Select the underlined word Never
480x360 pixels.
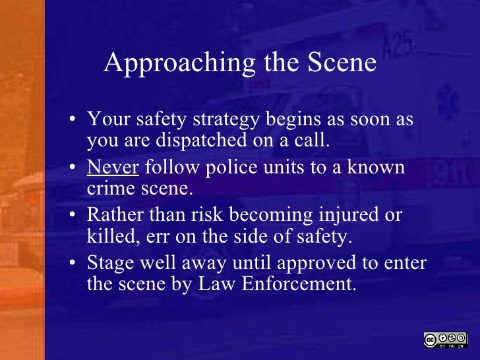pyautogui.click(x=113, y=167)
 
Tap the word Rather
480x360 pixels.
pyautogui.click(x=113, y=216)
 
